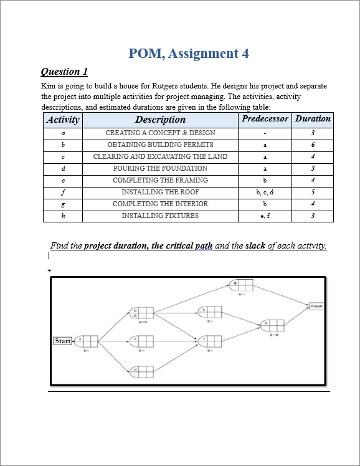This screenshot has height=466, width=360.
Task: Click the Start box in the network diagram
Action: coord(63,341)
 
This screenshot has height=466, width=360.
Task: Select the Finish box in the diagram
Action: coord(316,306)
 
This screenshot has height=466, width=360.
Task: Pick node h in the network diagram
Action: coord(273,325)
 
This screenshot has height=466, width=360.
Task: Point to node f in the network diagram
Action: coord(211,341)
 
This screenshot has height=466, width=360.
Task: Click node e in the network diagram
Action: coord(211,311)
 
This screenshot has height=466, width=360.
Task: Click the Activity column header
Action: coord(63,120)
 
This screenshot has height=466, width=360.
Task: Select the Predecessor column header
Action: coord(265,119)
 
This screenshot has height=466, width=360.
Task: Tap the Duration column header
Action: coord(313,119)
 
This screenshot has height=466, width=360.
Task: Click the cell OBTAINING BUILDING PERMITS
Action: coord(160,145)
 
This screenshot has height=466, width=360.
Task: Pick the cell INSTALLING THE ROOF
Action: coord(160,192)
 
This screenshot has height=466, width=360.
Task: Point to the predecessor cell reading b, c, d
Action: coord(265,192)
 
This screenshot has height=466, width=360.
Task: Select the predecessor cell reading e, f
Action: coord(265,216)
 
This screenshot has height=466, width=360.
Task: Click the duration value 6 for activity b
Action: coord(313,145)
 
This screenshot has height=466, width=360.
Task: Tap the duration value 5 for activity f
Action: coord(313,192)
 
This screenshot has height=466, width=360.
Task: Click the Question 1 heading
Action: coord(64,72)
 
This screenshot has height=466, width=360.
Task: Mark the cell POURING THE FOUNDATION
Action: coord(160,168)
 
